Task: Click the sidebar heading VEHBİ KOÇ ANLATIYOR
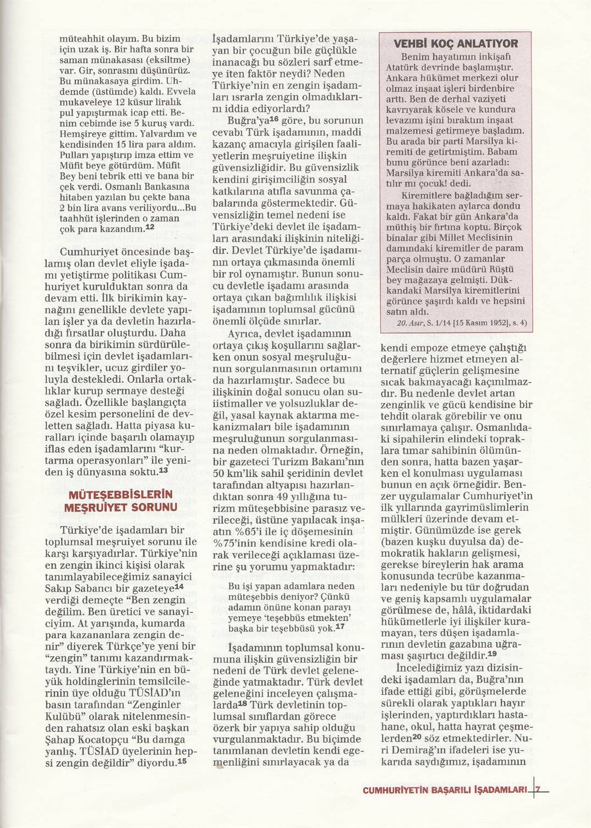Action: [456, 44]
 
